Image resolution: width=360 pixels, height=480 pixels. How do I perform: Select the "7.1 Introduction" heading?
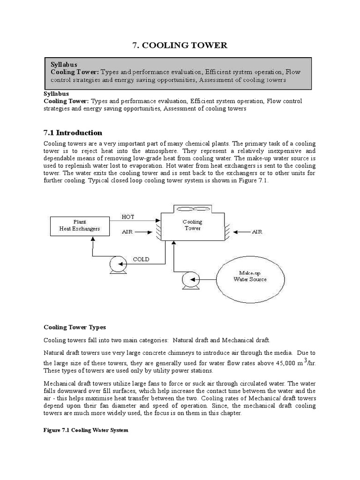(x=73, y=133)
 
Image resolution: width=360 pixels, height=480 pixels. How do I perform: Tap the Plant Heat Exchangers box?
(x=79, y=225)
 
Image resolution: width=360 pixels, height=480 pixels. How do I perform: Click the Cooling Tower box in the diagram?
(x=193, y=225)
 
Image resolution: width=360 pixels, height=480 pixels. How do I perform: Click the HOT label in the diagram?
(x=128, y=217)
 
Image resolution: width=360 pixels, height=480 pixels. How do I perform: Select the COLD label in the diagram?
(x=141, y=259)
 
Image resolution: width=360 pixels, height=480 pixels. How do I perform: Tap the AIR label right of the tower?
(x=258, y=232)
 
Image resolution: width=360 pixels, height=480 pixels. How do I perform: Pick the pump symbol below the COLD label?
(x=115, y=266)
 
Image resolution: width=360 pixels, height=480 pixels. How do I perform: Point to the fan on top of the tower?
(x=193, y=210)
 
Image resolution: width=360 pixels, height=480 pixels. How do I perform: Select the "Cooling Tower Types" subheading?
(x=75, y=327)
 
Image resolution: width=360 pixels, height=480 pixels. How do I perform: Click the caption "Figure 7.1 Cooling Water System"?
(x=86, y=430)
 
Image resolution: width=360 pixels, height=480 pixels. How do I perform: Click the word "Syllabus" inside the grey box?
(x=64, y=64)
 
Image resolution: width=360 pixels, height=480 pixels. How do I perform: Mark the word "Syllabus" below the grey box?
(x=56, y=94)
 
